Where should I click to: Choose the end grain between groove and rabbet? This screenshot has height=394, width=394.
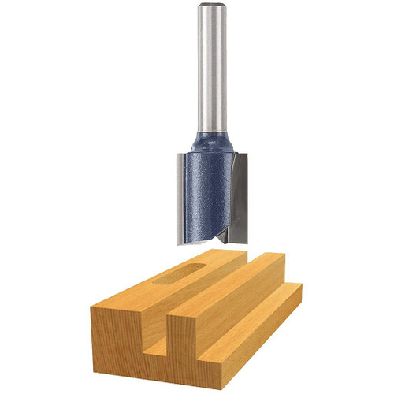click(x=193, y=347)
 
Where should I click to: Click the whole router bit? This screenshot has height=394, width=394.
click(x=209, y=126)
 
